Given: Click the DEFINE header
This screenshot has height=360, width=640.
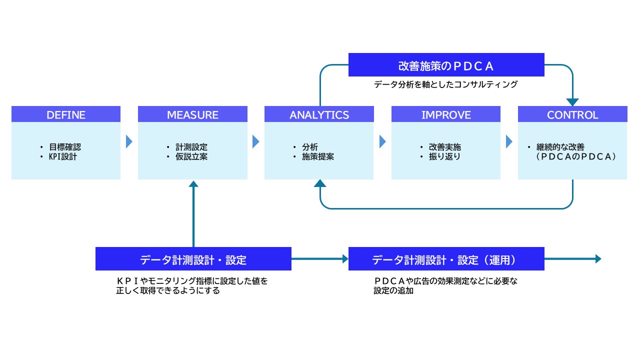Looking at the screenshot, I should pos(66,114).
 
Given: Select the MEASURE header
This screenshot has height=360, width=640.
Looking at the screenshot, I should pos(192,114).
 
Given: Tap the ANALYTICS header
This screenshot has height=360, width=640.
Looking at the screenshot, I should pos(319,114).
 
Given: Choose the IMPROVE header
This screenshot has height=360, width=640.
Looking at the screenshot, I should pos(446,114).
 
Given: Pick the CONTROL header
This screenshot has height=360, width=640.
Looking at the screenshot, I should pos(572,114).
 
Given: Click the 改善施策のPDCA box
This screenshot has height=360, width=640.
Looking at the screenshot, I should pos(446,65).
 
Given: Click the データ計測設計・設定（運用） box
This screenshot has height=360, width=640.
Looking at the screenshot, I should pos(446,259).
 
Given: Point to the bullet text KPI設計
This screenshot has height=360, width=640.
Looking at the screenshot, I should pos(62,156).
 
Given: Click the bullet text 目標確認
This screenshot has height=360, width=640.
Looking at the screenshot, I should pos(65,147).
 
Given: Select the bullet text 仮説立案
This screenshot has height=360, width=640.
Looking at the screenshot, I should pos(191,156).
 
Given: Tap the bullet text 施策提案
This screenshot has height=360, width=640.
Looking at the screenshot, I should pos(318,156).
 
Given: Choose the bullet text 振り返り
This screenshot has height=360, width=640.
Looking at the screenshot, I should pos(444,156).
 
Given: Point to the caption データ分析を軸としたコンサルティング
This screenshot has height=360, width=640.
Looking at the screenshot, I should pos(446,85).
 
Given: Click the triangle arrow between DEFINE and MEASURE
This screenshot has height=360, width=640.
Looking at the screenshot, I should pos(129,142).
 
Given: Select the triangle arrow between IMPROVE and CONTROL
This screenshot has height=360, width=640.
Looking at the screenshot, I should pos(509,142).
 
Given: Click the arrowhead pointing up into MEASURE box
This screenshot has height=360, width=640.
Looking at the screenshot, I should pos(193,183).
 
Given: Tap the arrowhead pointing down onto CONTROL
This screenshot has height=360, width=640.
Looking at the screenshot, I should pos(572,102).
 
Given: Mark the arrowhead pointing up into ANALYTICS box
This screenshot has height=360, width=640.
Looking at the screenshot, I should pos(320,183).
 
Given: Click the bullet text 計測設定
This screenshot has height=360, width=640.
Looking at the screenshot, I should pos(191,147).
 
